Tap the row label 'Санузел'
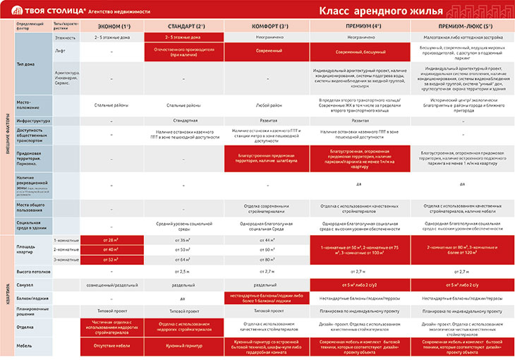pos(26,284)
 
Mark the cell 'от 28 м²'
pos(112,240)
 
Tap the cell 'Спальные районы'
pos(112,105)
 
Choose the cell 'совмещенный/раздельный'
pos(112,284)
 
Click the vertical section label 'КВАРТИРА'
pos(7,296)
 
